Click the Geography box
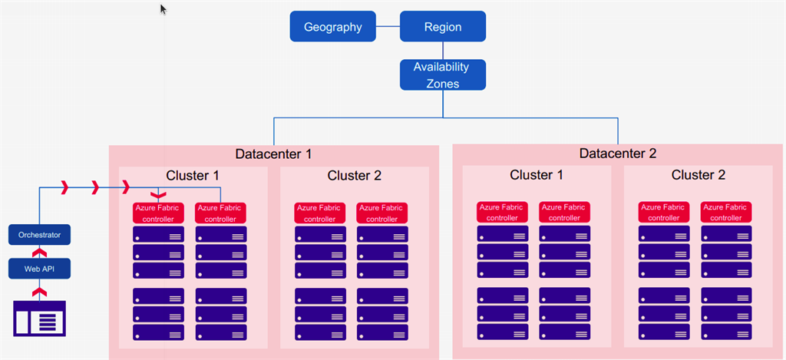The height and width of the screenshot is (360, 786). click(333, 26)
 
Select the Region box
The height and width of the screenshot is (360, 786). click(443, 26)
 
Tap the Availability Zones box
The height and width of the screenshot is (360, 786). click(443, 74)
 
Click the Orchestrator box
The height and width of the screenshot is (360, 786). click(40, 235)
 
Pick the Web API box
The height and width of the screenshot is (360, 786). click(40, 269)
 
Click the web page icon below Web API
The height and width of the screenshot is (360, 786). click(40, 319)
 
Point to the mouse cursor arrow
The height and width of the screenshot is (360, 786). click(163, 9)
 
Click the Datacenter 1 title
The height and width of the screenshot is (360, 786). click(273, 154)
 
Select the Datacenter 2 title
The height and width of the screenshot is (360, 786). click(618, 154)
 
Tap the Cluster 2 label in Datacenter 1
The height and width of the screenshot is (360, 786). click(355, 176)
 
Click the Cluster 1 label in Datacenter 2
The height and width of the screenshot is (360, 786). click(537, 175)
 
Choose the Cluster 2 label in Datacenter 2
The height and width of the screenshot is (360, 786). click(698, 175)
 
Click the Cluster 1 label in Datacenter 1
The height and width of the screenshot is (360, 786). click(193, 176)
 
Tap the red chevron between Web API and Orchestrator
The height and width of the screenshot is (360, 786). click(40, 252)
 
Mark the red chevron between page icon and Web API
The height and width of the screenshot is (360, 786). click(40, 292)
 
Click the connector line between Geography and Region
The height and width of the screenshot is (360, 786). click(388, 26)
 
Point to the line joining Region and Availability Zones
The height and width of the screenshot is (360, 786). click(443, 51)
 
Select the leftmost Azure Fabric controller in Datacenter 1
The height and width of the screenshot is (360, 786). click(158, 213)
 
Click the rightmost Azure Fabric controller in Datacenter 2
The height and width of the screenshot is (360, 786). click(726, 212)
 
